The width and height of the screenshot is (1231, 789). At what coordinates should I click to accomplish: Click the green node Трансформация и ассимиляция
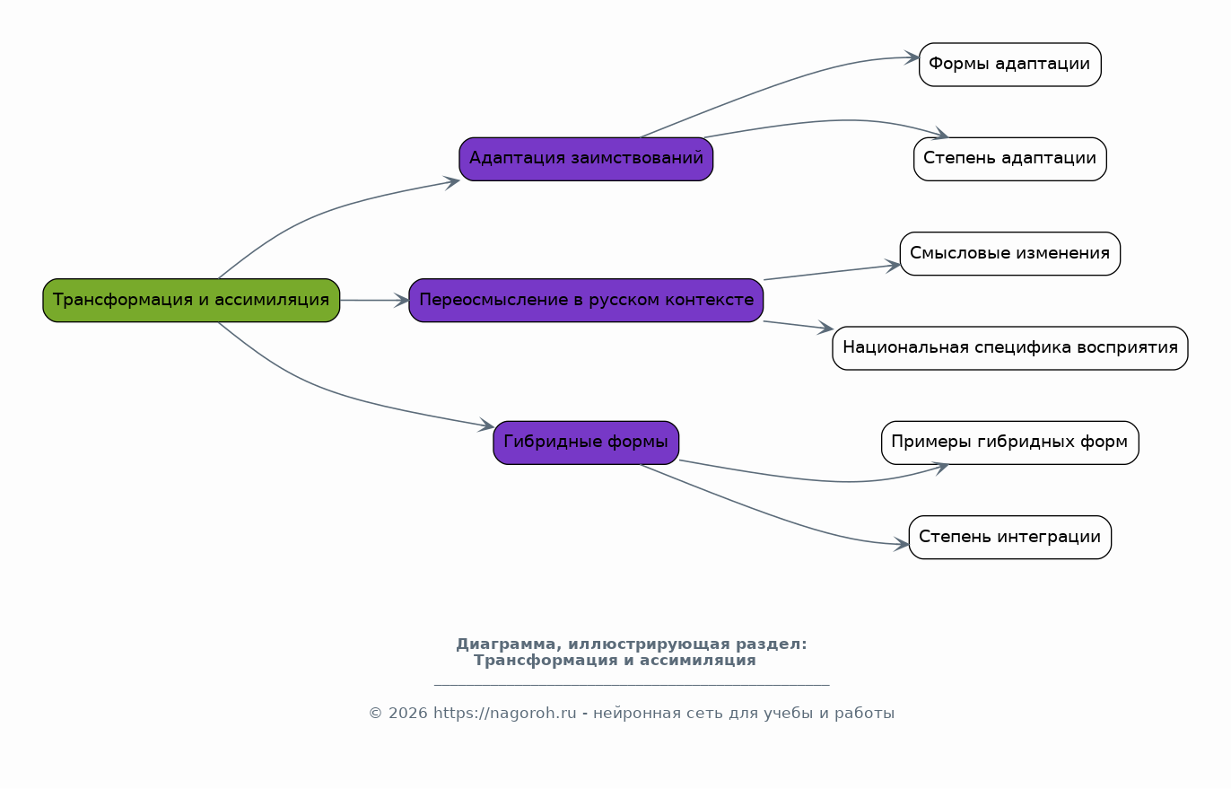pyautogui.click(x=191, y=300)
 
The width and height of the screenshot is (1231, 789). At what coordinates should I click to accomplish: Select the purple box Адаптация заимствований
pyautogui.click(x=586, y=159)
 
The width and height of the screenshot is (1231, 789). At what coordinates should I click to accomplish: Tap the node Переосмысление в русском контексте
pyautogui.click(x=586, y=300)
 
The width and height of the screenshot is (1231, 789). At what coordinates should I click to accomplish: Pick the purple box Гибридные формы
pyautogui.click(x=586, y=443)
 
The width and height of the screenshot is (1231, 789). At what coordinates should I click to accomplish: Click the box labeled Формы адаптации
pyautogui.click(x=1010, y=65)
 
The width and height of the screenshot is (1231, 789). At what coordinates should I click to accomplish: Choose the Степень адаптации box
pyautogui.click(x=1010, y=159)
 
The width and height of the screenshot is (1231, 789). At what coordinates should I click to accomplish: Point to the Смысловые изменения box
pyautogui.click(x=1010, y=253)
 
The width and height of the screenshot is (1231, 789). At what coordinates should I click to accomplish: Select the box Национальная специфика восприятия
pyautogui.click(x=1010, y=348)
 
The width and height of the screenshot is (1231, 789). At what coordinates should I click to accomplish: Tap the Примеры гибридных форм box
pyautogui.click(x=1010, y=443)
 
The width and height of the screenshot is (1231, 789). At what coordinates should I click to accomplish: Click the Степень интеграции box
pyautogui.click(x=1010, y=537)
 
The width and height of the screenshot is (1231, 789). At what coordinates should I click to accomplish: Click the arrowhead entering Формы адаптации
pyautogui.click(x=912, y=57)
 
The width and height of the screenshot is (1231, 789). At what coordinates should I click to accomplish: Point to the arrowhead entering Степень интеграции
pyautogui.click(x=902, y=545)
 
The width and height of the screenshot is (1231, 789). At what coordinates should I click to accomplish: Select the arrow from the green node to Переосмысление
pyautogui.click(x=374, y=300)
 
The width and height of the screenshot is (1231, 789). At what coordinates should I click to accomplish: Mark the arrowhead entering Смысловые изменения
pyautogui.click(x=893, y=266)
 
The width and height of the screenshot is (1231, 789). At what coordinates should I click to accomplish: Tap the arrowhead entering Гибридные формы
pyautogui.click(x=486, y=425)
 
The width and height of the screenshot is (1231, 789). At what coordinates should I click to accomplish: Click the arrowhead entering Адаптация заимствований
pyautogui.click(x=452, y=181)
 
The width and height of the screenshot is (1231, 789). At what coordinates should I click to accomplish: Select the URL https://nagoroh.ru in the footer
pyautogui.click(x=505, y=713)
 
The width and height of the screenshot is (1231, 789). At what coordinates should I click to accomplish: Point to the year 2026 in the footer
pyautogui.click(x=407, y=713)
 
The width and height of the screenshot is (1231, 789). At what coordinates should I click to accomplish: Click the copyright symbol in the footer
pyautogui.click(x=375, y=714)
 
